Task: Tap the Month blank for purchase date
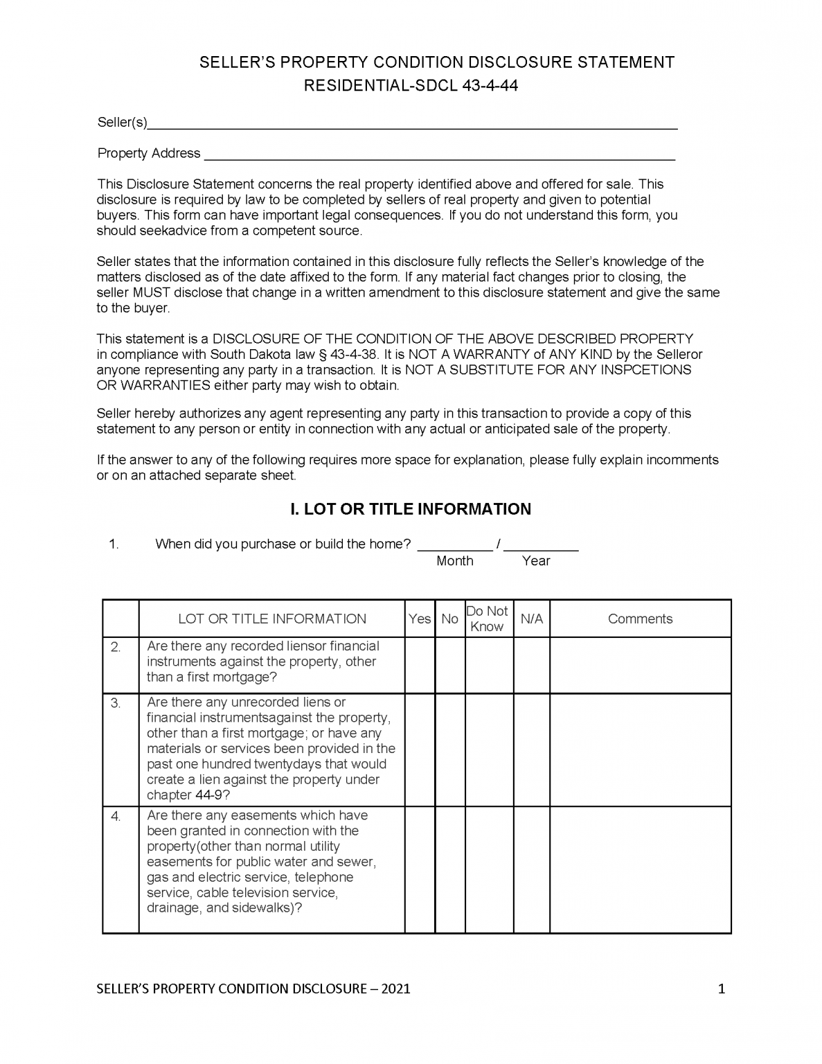pyautogui.click(x=454, y=544)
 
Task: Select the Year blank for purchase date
pyautogui.click(x=541, y=544)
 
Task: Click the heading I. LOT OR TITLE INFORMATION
pyautogui.click(x=410, y=509)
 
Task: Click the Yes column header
pyautogui.click(x=420, y=619)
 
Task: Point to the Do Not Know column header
pyautogui.click(x=488, y=619)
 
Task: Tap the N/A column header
pyautogui.click(x=531, y=619)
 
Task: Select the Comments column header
pyautogui.click(x=640, y=619)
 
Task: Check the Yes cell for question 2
pyautogui.click(x=420, y=665)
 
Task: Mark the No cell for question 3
pyautogui.click(x=449, y=750)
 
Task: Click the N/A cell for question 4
pyautogui.click(x=531, y=869)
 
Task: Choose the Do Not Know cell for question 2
pyautogui.click(x=488, y=665)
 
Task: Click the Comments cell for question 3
pyautogui.click(x=640, y=750)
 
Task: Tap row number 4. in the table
pyautogui.click(x=116, y=817)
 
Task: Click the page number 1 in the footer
pyautogui.click(x=721, y=989)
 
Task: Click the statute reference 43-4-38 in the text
pyautogui.click(x=354, y=355)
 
